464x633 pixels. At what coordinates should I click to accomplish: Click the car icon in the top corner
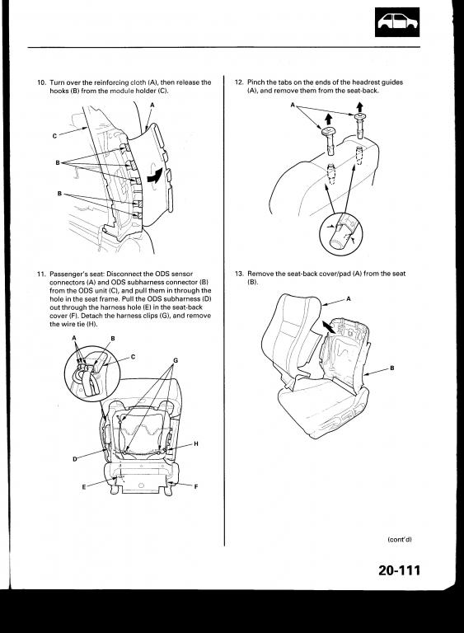(x=397, y=22)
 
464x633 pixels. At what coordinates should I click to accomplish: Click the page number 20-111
(x=400, y=570)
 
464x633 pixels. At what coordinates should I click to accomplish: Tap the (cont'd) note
(x=400, y=539)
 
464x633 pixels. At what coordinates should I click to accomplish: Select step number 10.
(x=41, y=82)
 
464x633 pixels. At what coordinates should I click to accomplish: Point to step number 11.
(x=41, y=274)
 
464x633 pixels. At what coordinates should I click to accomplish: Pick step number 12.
(x=239, y=82)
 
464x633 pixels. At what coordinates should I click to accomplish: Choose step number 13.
(x=239, y=274)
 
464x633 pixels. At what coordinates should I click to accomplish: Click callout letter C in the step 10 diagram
(x=54, y=136)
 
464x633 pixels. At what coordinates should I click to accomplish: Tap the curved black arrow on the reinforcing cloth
(x=156, y=176)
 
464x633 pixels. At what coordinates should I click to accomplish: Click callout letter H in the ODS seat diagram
(x=196, y=443)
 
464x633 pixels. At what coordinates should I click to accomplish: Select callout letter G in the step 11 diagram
(x=176, y=360)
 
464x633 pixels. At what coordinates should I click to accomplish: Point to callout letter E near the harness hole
(x=84, y=487)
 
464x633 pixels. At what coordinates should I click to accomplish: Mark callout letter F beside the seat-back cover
(x=196, y=487)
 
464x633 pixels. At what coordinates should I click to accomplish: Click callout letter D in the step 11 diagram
(x=75, y=459)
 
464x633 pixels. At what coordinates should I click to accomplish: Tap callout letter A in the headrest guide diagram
(x=293, y=105)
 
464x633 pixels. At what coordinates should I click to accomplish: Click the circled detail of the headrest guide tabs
(x=341, y=234)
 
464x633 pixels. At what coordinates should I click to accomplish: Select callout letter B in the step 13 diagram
(x=391, y=368)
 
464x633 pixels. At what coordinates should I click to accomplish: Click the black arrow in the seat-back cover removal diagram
(x=328, y=327)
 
